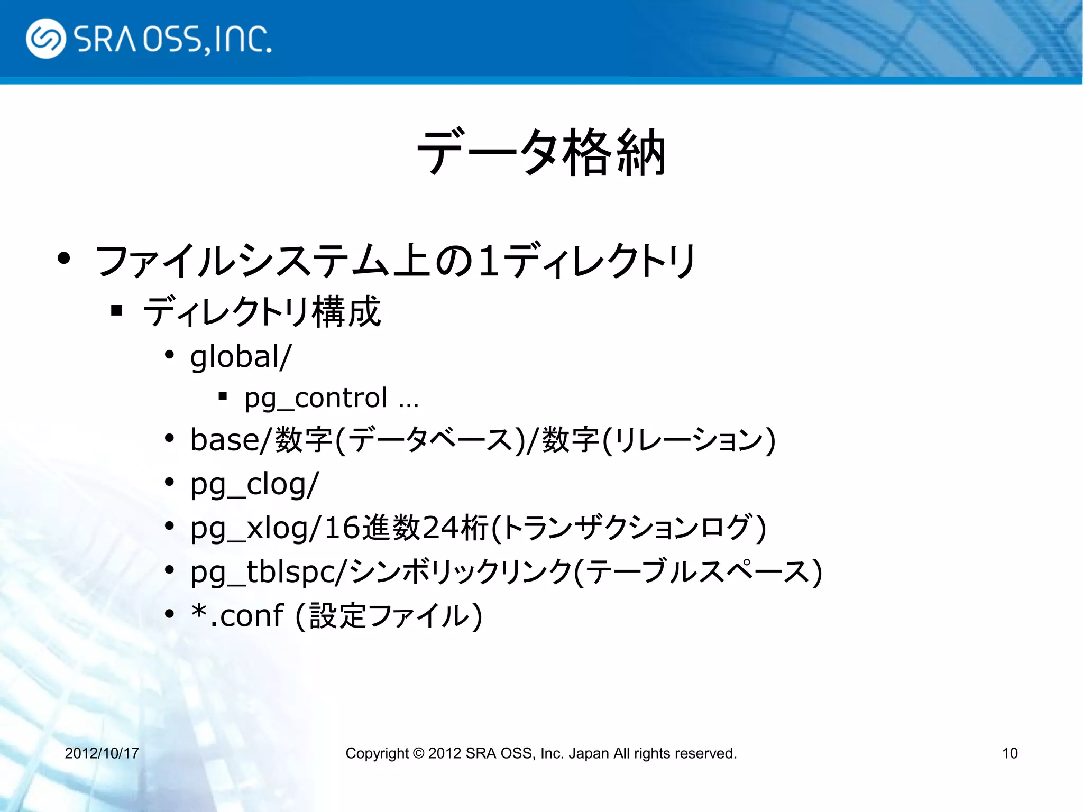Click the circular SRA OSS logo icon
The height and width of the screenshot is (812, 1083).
(46, 39)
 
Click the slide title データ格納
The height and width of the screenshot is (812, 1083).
(540, 153)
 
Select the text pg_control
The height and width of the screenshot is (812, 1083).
(316, 398)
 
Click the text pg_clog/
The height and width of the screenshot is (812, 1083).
(254, 484)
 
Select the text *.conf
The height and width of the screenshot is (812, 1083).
(237, 616)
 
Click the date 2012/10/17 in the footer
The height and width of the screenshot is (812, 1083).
(102, 753)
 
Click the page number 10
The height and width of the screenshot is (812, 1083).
(1009, 753)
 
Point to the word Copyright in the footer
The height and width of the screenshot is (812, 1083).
(377, 753)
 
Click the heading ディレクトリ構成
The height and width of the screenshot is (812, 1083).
(262, 312)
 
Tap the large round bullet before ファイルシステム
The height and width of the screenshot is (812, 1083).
(64, 259)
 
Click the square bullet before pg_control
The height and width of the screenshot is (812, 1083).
(223, 395)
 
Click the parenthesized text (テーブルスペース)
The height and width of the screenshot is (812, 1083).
(698, 572)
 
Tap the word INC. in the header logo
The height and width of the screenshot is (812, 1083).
(244, 40)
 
